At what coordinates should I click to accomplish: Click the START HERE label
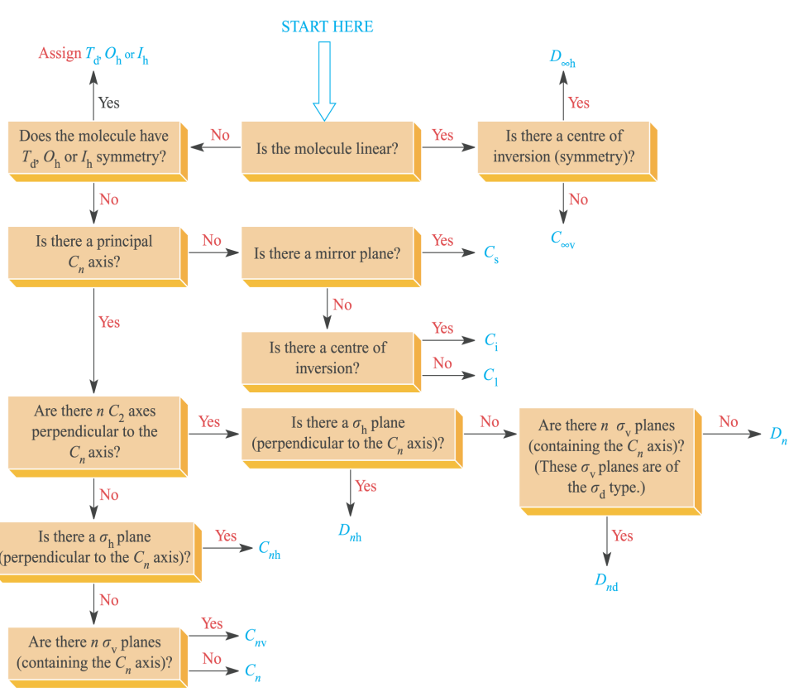[x=327, y=26]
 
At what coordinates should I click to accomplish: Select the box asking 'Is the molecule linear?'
[x=328, y=149]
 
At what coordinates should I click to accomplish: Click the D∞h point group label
[x=562, y=58]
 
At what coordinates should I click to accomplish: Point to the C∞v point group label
[x=562, y=239]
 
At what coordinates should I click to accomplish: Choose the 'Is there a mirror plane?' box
[x=328, y=254]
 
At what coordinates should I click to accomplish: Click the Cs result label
[x=491, y=253]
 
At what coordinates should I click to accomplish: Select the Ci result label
[x=490, y=340]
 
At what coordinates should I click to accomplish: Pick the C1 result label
[x=490, y=375]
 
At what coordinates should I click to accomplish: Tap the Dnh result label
[x=350, y=532]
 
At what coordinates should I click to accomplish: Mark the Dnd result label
[x=606, y=581]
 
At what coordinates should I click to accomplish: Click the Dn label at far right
[x=778, y=435]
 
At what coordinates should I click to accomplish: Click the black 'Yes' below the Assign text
[x=108, y=103]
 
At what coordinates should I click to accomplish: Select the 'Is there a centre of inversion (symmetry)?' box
[x=564, y=147]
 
